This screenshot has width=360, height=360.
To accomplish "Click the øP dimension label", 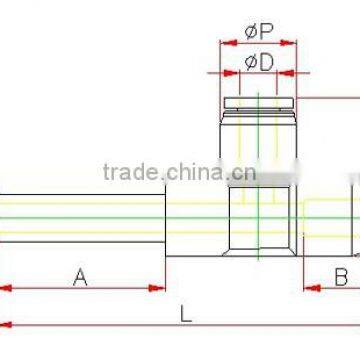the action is click(259, 33).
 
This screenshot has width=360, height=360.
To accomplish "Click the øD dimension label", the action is click(259, 62).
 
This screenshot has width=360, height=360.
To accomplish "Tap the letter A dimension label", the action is click(82, 276).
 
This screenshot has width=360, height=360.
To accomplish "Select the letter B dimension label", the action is click(339, 276).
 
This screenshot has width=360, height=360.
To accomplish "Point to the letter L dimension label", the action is click(187, 312).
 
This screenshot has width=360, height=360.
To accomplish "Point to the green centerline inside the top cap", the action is click(259, 120).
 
